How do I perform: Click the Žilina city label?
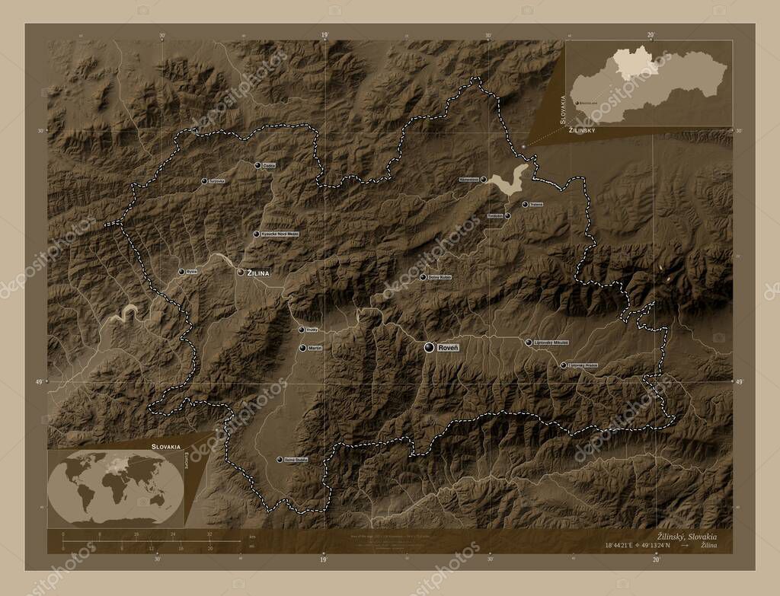point(260,272)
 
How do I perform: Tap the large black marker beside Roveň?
point(430,347)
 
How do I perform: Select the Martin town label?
point(316,348)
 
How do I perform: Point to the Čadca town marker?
point(257,165)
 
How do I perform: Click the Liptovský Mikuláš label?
point(551,343)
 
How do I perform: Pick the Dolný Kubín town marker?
point(424,277)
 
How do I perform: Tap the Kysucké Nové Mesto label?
point(280,234)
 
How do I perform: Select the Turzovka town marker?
point(204,181)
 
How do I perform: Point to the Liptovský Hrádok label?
point(583,365)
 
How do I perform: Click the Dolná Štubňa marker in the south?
point(280,459)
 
